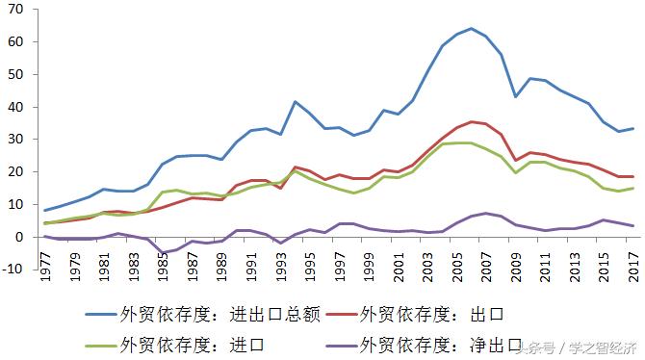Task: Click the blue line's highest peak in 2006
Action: pyautogui.click(x=470, y=28)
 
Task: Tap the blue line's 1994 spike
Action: pyautogui.click(x=296, y=101)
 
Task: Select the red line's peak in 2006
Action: pyautogui.click(x=470, y=121)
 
